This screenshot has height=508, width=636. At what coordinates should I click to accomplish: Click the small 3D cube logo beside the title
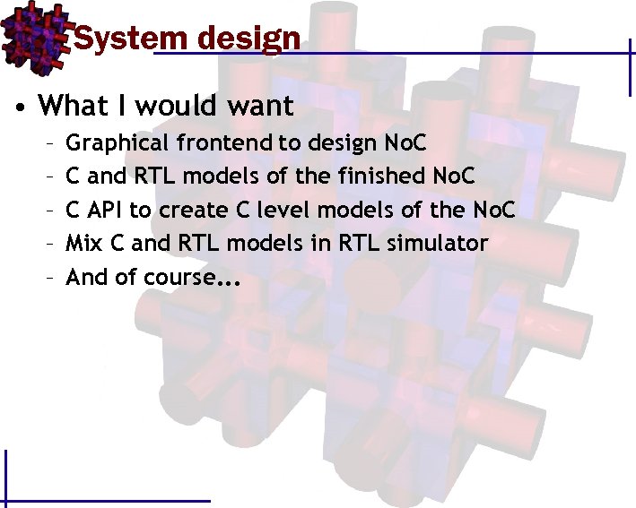(x=35, y=33)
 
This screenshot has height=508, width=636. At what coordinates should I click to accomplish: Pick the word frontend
(x=237, y=143)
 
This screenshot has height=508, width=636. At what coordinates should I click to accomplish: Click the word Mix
(x=83, y=244)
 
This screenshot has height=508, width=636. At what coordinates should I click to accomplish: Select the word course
(x=178, y=278)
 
